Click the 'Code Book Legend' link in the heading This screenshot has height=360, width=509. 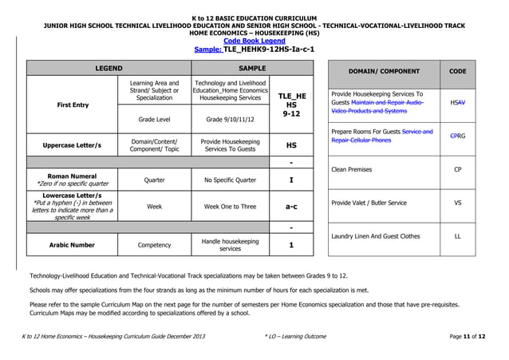pyautogui.click(x=254, y=41)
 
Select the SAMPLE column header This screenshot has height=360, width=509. pyautogui.click(x=252, y=68)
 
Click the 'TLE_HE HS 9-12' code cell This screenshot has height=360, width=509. pyautogui.click(x=291, y=105)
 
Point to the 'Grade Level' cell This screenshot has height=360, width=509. pyautogui.click(x=154, y=119)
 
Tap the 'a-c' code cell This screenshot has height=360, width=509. pyautogui.click(x=291, y=206)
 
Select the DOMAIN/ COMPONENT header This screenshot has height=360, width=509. pyautogui.click(x=384, y=71)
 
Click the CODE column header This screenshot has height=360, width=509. pyautogui.click(x=457, y=71)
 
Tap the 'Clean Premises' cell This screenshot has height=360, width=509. pyautogui.click(x=351, y=169)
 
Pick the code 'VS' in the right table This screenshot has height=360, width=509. pyautogui.click(x=457, y=203)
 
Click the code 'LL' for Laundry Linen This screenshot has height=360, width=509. pyautogui.click(x=457, y=236)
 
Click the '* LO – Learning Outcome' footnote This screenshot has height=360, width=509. pyautogui.click(x=294, y=337)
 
